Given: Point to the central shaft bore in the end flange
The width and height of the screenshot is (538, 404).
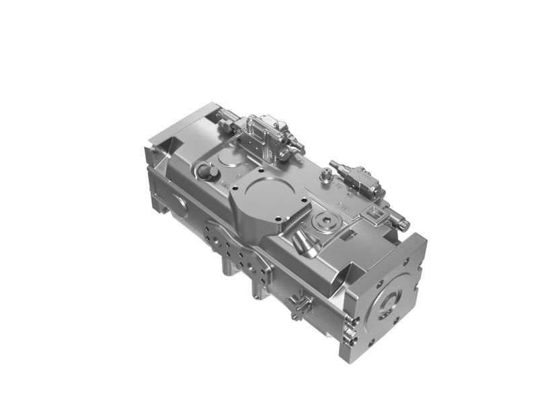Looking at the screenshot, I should [388, 304].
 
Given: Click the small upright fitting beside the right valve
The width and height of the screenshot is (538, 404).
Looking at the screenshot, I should [326, 177].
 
